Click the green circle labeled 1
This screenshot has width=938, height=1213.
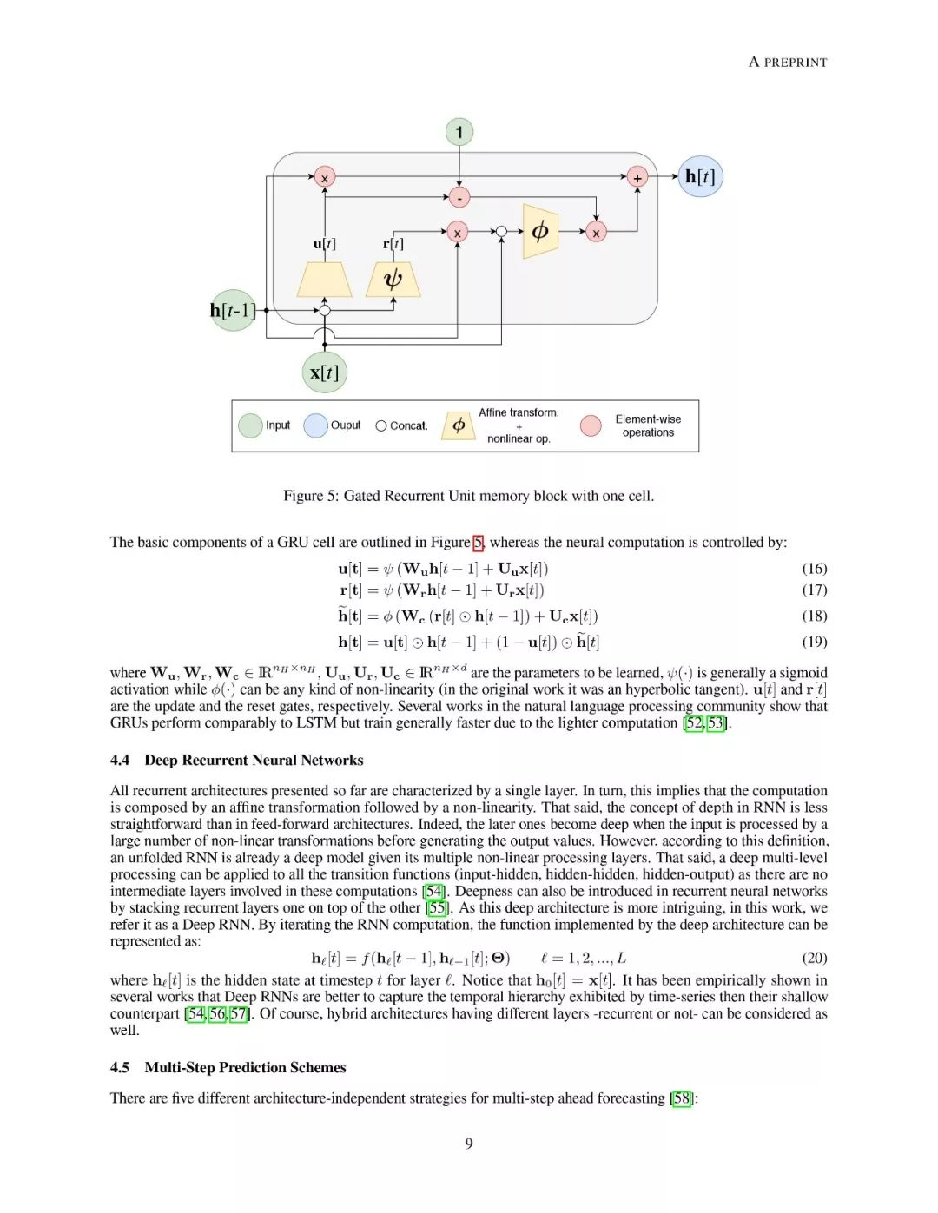click(459, 133)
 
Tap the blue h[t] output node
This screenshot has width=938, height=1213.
click(700, 176)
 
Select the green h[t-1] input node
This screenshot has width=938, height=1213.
click(233, 311)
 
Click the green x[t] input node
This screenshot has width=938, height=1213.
click(324, 372)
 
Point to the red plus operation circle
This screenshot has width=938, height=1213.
click(637, 177)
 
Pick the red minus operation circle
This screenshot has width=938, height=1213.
click(459, 197)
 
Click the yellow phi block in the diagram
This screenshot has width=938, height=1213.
click(540, 231)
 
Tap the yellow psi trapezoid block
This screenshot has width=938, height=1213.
click(393, 280)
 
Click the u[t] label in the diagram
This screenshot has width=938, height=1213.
click(324, 244)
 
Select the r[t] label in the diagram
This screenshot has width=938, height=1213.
click(393, 244)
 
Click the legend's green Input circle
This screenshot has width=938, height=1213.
click(250, 425)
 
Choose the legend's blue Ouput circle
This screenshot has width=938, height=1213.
click(315, 425)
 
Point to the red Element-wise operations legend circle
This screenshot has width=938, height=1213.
click(591, 425)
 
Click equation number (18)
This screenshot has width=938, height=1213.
click(814, 616)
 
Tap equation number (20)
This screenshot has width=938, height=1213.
click(814, 958)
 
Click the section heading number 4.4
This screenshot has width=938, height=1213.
click(120, 761)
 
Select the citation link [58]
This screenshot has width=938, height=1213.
click(683, 1098)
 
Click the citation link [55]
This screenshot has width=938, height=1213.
click(438, 908)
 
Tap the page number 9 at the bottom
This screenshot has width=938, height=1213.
click(469, 1144)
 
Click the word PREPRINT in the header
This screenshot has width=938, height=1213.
click(796, 63)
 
